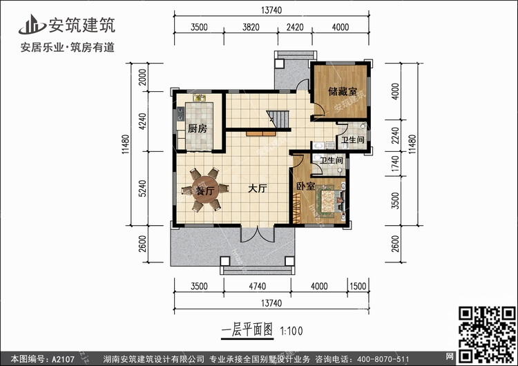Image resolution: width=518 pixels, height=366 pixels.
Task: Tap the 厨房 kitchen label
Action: [x=197, y=128]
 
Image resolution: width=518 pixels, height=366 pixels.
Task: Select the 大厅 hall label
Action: [x=258, y=189]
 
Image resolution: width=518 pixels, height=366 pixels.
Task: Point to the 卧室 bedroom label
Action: [x=305, y=186]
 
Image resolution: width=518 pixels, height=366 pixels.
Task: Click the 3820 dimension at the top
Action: [x=253, y=28]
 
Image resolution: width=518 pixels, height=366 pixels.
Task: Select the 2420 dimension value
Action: [x=295, y=28]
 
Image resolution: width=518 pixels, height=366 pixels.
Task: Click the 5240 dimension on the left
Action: [x=142, y=189]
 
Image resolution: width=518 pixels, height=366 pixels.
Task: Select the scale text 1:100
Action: [x=292, y=331]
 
